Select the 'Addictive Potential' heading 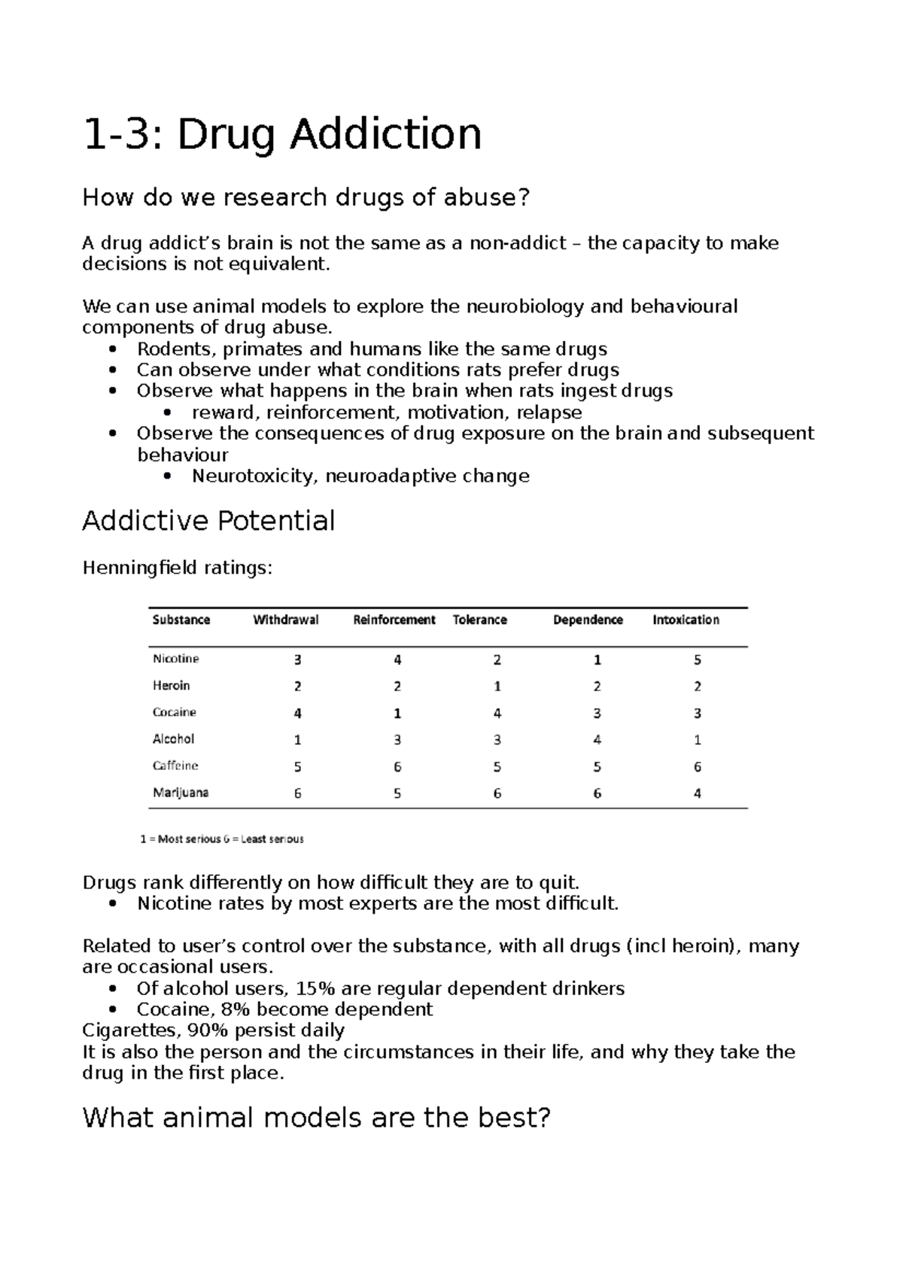pos(208,520)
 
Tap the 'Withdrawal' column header pos(286,619)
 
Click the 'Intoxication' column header pos(686,619)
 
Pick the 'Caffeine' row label pos(175,765)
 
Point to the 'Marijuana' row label pos(181,793)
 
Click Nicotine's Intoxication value pos(698,659)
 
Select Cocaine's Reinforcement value pos(397,713)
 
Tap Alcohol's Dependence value pos(597,740)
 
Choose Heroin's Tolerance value pos(497,686)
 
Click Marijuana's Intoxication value pos(698,793)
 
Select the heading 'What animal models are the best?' pos(316,1118)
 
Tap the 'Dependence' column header pos(588,619)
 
